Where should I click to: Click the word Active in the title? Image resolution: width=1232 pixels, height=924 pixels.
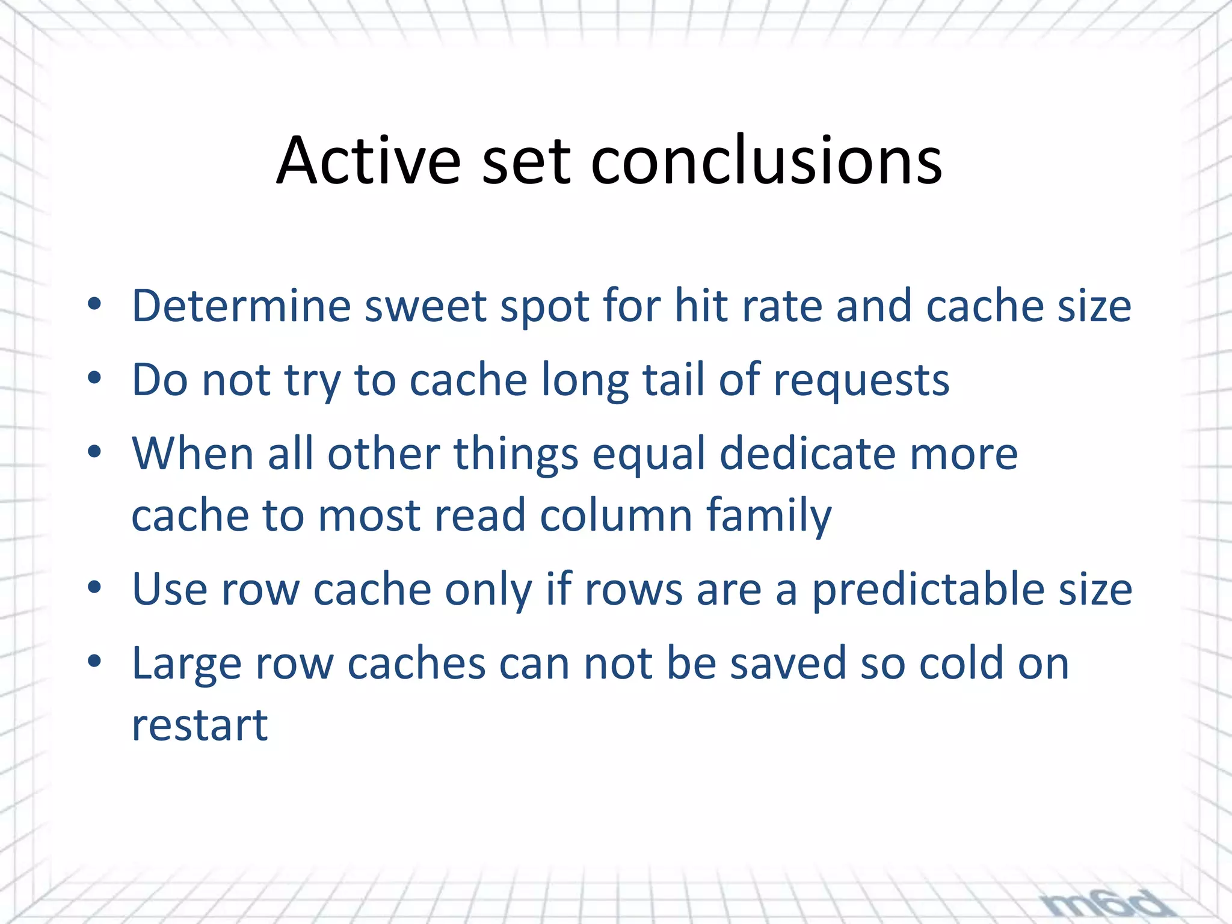pyautogui.click(x=368, y=161)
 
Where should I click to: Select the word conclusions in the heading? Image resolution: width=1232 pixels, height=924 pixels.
pyautogui.click(x=766, y=161)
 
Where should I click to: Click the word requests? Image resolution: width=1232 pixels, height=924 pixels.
pyautogui.click(x=861, y=381)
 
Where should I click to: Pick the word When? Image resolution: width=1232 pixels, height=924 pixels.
pyautogui.click(x=192, y=454)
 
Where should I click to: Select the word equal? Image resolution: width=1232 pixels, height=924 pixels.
pyautogui.click(x=648, y=455)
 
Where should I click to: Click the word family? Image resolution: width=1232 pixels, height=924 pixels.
pyautogui.click(x=769, y=517)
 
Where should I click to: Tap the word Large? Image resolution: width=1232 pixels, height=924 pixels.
pyautogui.click(x=186, y=664)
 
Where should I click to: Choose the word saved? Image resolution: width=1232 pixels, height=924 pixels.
pyautogui.click(x=789, y=664)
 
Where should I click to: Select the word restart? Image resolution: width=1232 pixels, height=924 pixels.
pyautogui.click(x=200, y=725)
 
